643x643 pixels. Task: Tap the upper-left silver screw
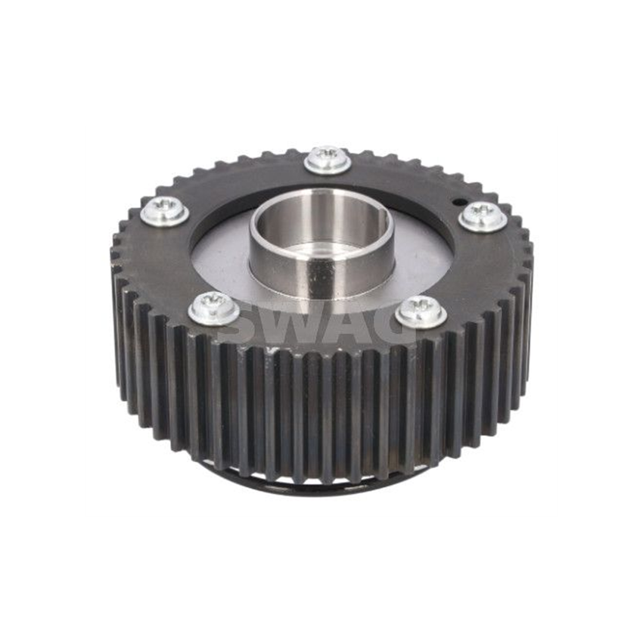(165, 210)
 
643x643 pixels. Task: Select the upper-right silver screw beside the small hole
(483, 216)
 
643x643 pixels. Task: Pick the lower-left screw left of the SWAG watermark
(214, 308)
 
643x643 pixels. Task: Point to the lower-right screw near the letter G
(421, 312)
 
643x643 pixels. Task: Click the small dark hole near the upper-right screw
(457, 202)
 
